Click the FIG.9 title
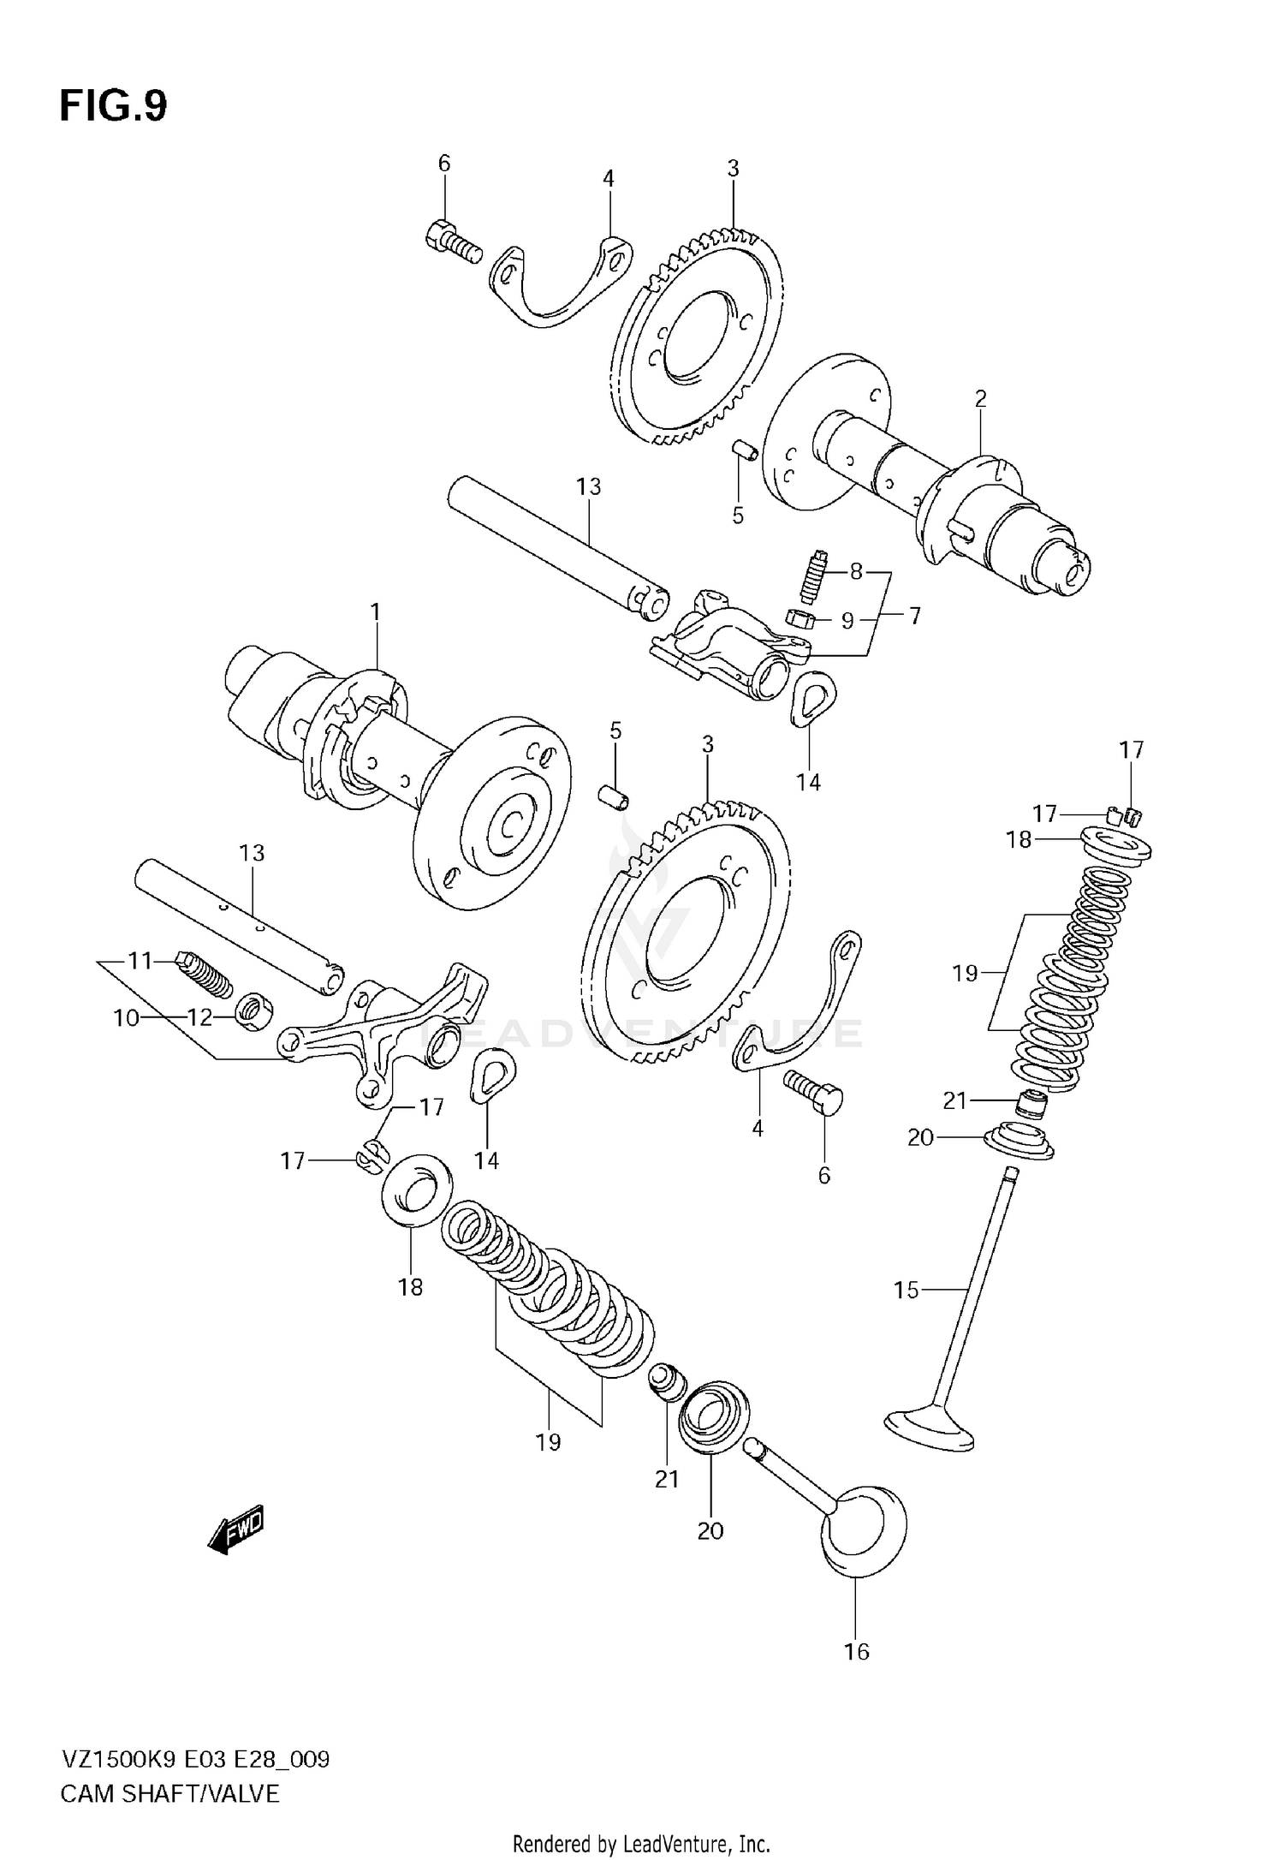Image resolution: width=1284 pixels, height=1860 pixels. tap(113, 107)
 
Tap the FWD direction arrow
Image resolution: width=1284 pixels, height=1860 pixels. tap(236, 1530)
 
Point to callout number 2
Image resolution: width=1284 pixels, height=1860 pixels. tap(980, 398)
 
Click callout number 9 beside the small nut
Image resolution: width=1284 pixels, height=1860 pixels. tap(847, 620)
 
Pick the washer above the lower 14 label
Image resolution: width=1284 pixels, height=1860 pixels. tap(494, 1073)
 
